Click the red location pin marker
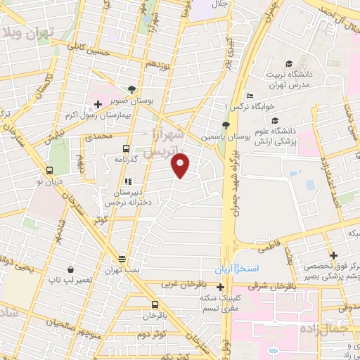coord(181,165)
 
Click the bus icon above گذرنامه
coord(126,148)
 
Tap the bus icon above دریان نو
coord(50,170)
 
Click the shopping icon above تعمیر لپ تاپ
coord(71,269)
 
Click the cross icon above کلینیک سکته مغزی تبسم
coord(221,287)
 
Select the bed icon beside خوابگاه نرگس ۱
coord(250,96)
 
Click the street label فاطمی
coord(267,247)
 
